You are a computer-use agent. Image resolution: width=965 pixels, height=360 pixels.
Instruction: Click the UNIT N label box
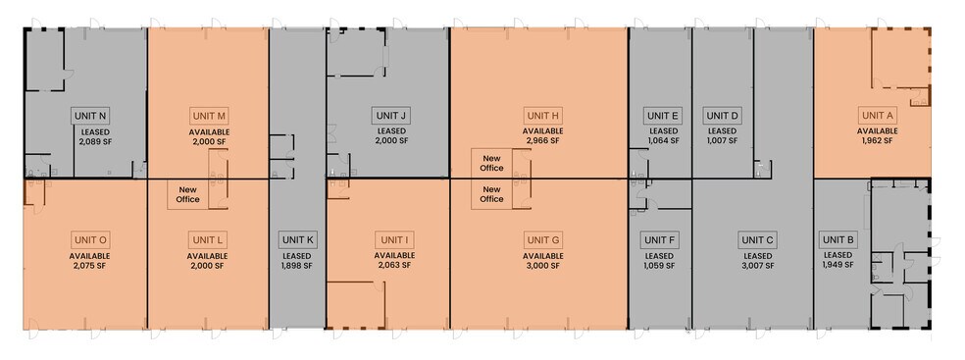(92, 116)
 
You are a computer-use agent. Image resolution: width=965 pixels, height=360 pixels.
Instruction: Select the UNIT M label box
(209, 116)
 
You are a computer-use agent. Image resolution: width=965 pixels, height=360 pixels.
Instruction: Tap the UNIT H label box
(543, 115)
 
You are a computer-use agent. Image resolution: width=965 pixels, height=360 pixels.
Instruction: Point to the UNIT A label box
(878, 115)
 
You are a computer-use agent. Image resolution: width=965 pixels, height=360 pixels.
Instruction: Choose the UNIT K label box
(298, 240)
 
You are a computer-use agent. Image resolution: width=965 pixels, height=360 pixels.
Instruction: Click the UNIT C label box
(758, 240)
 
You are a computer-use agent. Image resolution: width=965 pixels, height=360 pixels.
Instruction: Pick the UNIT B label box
(837, 239)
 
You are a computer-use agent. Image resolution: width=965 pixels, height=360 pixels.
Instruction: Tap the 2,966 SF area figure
(543, 141)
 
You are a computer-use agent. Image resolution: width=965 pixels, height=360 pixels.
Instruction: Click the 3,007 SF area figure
(758, 266)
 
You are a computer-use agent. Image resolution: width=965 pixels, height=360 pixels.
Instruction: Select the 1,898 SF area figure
(298, 266)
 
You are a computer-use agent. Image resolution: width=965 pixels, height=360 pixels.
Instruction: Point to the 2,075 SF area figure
(90, 266)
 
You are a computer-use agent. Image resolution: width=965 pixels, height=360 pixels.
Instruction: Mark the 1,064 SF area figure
(663, 141)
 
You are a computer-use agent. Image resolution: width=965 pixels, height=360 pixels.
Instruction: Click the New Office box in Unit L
(187, 194)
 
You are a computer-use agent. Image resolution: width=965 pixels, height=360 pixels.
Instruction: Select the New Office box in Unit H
(491, 163)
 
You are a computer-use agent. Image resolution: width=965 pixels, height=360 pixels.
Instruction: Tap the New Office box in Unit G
(491, 194)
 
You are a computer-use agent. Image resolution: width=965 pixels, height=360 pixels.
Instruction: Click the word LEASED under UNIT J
(392, 131)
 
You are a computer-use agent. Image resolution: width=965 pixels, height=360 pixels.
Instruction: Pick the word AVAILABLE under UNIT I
(394, 255)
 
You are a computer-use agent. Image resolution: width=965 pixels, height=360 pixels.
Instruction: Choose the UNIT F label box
(660, 240)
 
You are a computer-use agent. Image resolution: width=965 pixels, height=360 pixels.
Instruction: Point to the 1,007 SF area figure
(722, 141)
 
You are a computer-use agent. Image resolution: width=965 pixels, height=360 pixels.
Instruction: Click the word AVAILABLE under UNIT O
(90, 256)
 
